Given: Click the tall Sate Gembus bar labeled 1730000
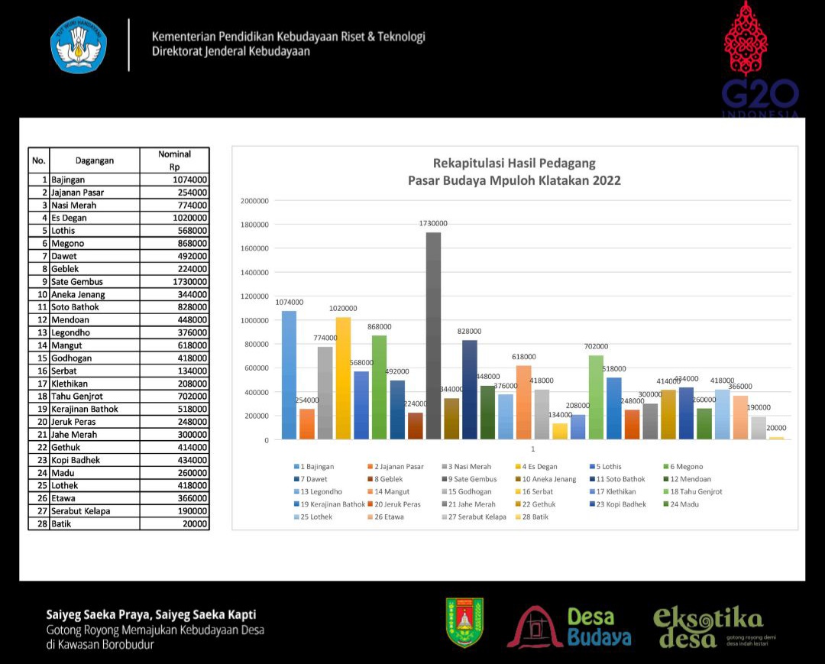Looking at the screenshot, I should [433, 336].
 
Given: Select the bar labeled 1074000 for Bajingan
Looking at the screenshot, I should [289, 374].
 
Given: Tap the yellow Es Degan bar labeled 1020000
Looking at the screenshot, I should [343, 378].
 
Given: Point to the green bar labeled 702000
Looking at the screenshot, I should [596, 397].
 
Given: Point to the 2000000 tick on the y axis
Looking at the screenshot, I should [254, 201].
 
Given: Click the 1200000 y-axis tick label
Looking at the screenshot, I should [254, 296].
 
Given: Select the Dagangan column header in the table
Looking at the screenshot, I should [95, 160].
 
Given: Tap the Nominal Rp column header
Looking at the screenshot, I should [174, 160].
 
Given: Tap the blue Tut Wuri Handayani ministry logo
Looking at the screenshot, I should [79, 45].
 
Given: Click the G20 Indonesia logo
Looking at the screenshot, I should [759, 61].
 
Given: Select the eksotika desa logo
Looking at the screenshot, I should [707, 627].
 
